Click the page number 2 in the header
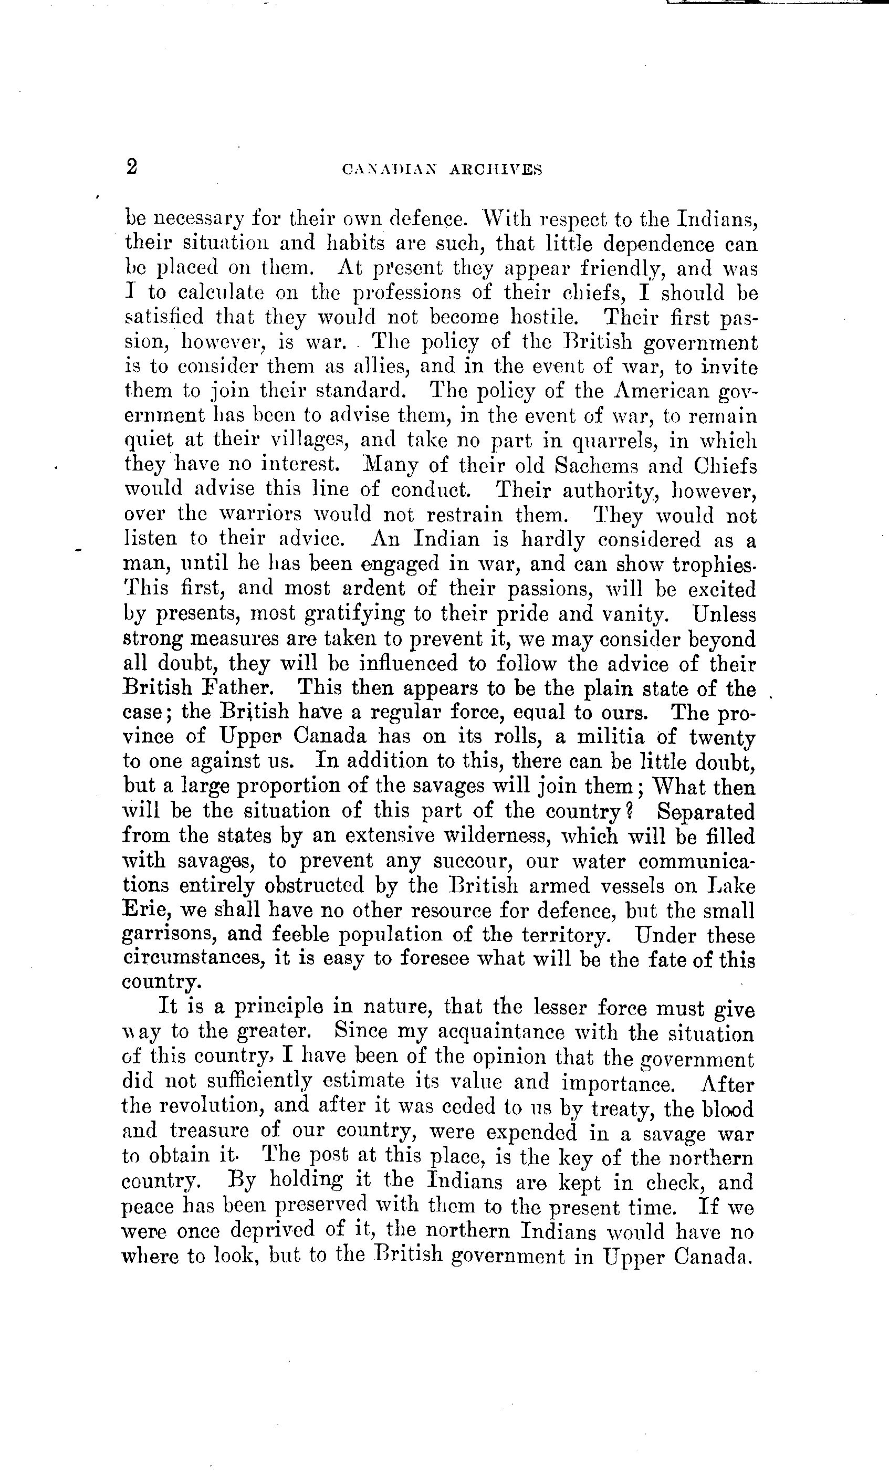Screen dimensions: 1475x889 (132, 166)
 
